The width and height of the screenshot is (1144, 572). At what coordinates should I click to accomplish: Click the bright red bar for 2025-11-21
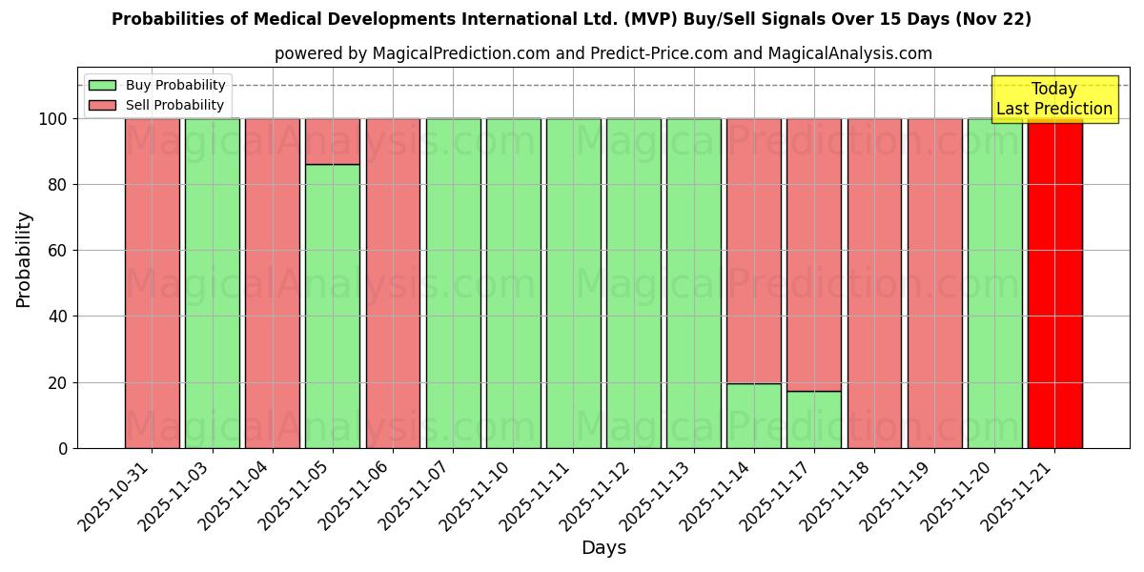[1054, 283]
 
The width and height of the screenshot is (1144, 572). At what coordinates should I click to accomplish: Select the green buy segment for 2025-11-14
[753, 416]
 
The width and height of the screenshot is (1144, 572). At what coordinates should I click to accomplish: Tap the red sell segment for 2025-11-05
[333, 141]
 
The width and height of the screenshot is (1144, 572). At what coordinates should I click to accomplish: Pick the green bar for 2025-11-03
[212, 283]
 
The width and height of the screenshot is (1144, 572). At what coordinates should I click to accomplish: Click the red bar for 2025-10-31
[152, 283]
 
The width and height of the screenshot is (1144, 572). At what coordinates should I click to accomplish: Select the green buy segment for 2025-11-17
[813, 419]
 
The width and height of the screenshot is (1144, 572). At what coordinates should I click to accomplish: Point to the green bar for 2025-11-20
[994, 283]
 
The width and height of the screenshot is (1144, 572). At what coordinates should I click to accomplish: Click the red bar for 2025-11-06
[393, 283]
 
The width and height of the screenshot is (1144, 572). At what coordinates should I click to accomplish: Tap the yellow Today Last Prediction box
[1053, 99]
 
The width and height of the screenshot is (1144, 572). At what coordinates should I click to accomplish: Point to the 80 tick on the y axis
[59, 185]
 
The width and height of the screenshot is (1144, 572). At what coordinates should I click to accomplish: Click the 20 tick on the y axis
[59, 382]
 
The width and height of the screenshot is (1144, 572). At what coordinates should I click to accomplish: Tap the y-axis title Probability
[24, 259]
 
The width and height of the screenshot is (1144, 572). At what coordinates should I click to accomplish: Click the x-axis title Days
[603, 547]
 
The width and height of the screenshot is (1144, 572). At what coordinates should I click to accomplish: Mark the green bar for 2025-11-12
[633, 283]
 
